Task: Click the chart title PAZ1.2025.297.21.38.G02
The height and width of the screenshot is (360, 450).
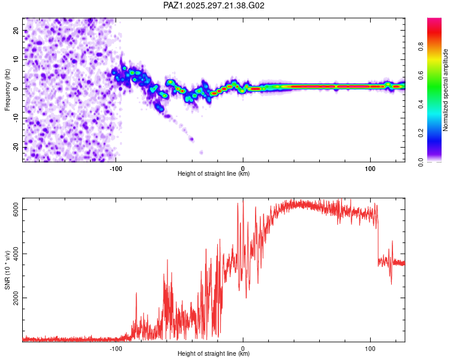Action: pos(214,5)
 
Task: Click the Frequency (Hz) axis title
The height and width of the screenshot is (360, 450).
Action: pos(7,89)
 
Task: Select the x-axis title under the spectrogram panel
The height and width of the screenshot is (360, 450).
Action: pos(214,174)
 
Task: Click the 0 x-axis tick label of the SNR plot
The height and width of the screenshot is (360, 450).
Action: pos(243,347)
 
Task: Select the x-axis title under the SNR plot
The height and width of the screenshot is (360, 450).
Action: pos(214,354)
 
